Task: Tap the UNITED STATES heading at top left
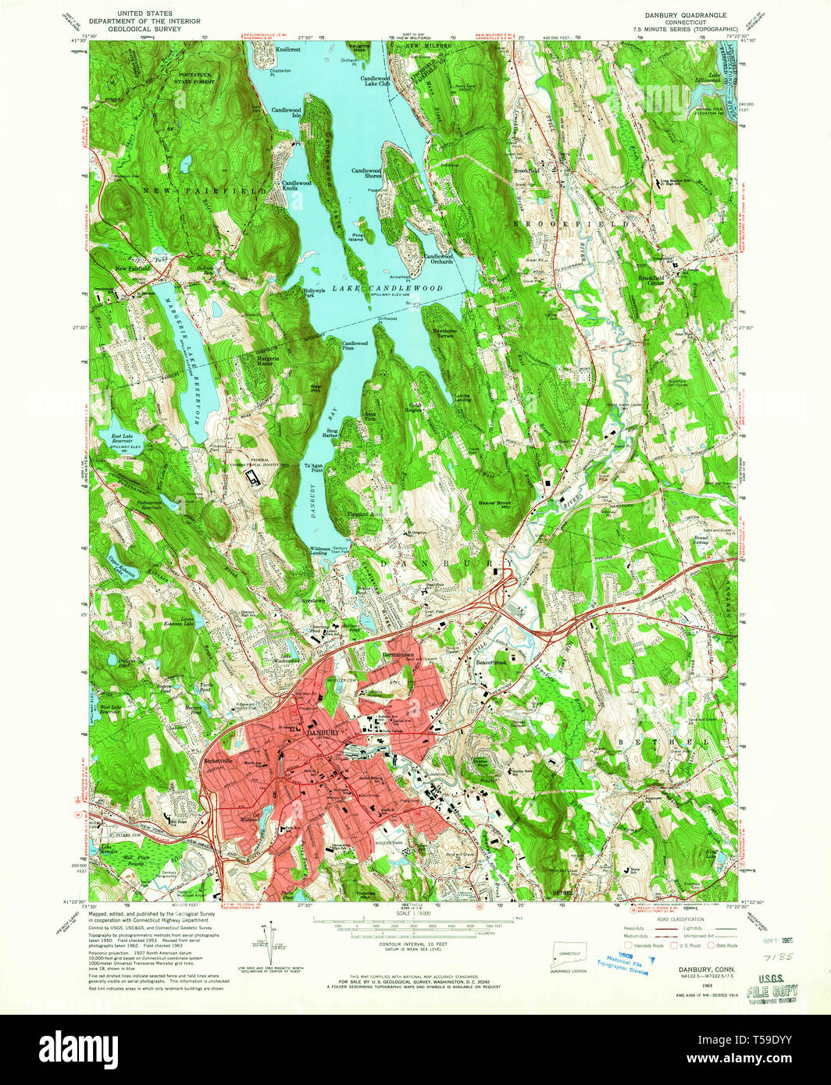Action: point(144,14)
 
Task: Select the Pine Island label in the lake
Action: point(356,237)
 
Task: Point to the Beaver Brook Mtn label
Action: point(494,506)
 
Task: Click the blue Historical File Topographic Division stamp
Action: point(622,965)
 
